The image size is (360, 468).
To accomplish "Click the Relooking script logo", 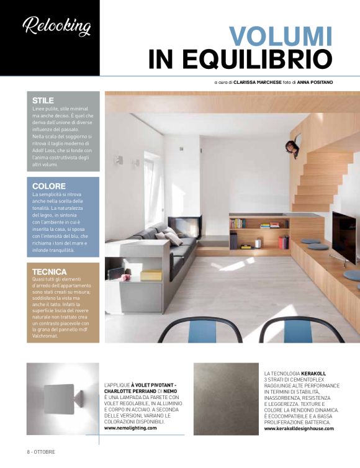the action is point(56,27).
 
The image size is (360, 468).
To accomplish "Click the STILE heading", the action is point(43,101).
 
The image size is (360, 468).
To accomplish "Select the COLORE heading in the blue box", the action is point(48,186).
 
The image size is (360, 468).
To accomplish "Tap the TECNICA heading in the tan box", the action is point(50,271).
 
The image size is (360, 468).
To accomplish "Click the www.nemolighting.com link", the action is point(130,428).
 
